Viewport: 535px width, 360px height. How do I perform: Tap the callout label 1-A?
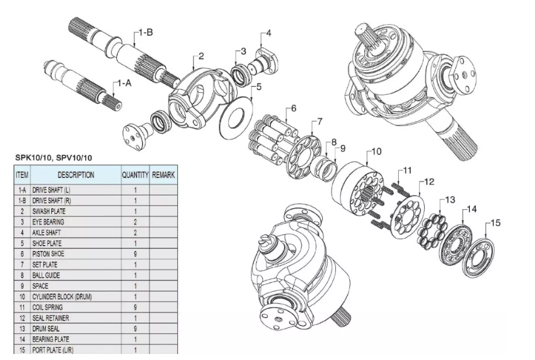[x=124, y=83]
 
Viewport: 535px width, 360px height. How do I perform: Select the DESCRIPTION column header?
[x=75, y=175]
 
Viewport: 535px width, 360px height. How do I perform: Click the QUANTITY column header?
[x=135, y=175]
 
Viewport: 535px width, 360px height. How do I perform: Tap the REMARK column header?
[x=163, y=175]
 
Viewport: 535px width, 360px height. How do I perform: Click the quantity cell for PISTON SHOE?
[x=135, y=254]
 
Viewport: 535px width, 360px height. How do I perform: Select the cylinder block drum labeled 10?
[x=356, y=190]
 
